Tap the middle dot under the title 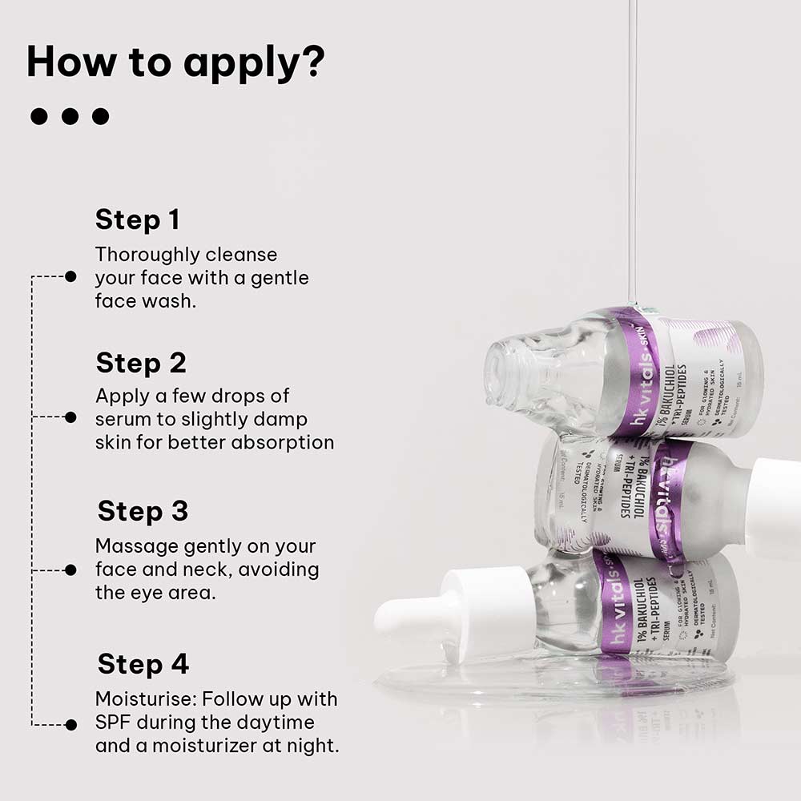[70, 117]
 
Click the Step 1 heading [137, 219]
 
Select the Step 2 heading [141, 363]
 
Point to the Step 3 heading [143, 511]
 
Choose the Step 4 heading [143, 664]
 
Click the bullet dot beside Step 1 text [70, 276]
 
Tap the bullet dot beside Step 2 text [70, 417]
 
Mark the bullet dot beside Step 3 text [70, 570]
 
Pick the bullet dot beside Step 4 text [70, 725]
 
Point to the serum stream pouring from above [632, 160]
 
